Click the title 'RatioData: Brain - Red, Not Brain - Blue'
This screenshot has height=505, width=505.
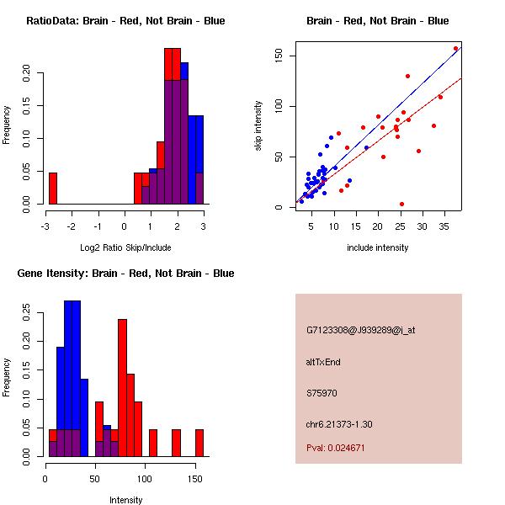[125, 21]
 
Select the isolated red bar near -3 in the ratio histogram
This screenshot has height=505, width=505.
[52, 188]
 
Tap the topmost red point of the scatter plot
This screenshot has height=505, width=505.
[455, 49]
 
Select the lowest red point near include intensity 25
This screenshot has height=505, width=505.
[401, 204]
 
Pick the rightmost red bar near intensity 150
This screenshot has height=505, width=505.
[199, 443]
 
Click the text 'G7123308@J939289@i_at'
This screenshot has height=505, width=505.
[360, 330]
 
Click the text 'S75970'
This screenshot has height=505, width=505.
[322, 393]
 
